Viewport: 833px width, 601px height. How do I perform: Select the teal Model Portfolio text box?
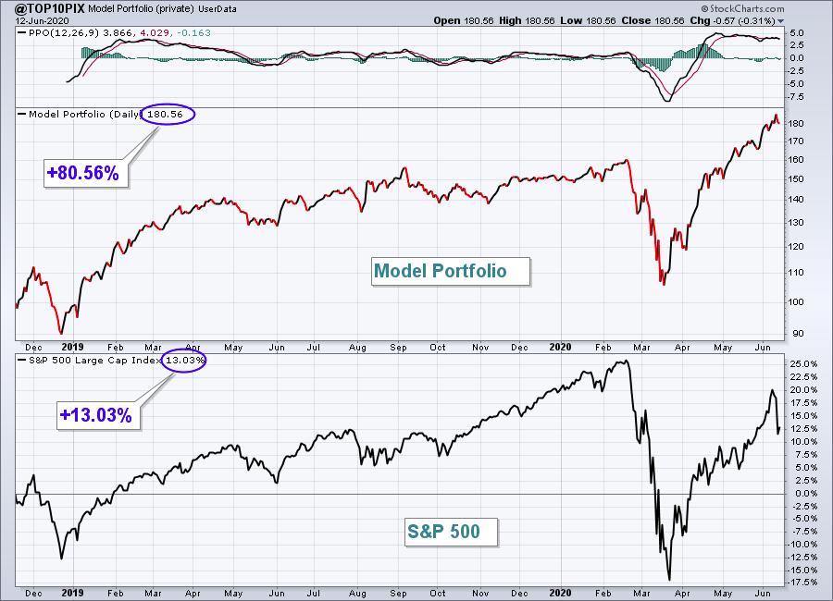(x=451, y=271)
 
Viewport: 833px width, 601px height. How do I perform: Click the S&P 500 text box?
(x=451, y=532)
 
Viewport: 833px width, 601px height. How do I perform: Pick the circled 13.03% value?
(x=184, y=360)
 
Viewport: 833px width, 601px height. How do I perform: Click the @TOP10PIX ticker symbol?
(x=50, y=8)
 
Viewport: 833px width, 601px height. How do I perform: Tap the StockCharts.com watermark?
(x=742, y=8)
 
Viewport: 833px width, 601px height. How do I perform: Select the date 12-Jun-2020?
(x=42, y=20)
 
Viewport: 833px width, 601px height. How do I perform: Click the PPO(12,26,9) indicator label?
(x=64, y=33)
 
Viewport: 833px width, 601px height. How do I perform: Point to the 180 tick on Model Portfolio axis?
(x=796, y=123)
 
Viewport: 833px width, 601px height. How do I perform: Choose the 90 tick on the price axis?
(x=798, y=334)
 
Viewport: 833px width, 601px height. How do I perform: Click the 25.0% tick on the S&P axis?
(x=803, y=363)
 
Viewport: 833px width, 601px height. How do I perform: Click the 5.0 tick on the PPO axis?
(x=797, y=32)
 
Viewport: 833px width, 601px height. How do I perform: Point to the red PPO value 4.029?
(x=155, y=33)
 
